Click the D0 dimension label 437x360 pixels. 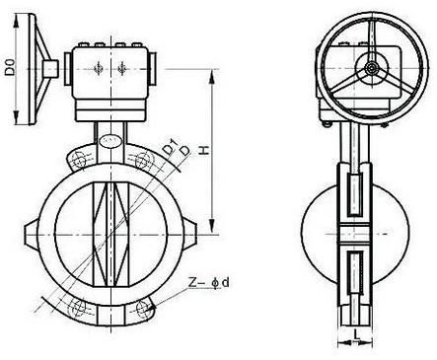[10, 67]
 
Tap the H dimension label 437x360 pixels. [204, 150]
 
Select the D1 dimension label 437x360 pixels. [170, 148]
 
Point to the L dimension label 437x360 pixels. [356, 334]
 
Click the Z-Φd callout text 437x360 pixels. [209, 282]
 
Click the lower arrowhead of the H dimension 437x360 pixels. [212, 227]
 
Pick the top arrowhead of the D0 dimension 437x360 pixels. [16, 21]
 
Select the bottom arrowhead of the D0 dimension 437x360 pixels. [16, 117]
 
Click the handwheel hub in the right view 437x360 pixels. [372, 69]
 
